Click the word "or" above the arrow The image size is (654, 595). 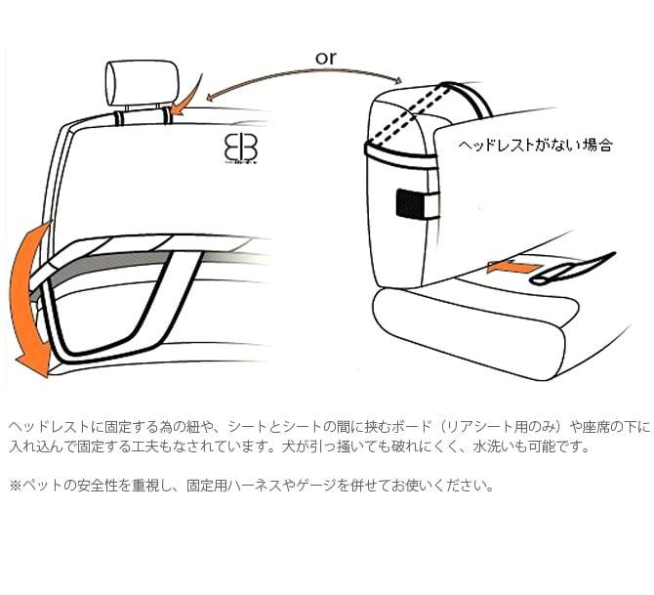tap(326, 58)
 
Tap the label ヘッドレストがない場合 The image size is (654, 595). tap(536, 145)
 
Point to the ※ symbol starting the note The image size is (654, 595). tap(15, 485)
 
